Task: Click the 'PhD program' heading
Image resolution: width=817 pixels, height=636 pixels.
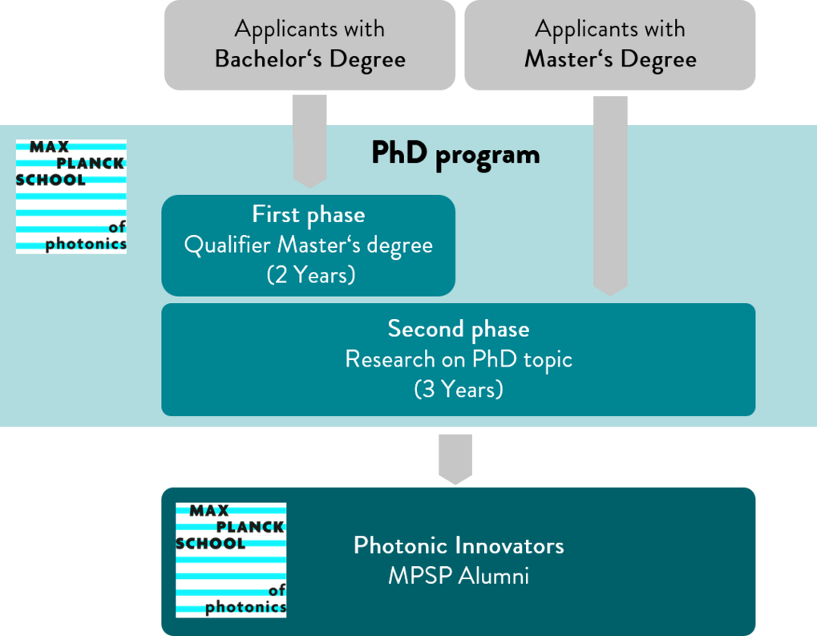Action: tap(455, 154)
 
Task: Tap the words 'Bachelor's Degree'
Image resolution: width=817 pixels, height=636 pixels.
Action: tap(309, 59)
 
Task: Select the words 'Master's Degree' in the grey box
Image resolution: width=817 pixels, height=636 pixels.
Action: tap(610, 59)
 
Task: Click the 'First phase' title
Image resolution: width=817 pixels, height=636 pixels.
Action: tap(309, 215)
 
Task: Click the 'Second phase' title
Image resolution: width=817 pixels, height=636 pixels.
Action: tap(459, 329)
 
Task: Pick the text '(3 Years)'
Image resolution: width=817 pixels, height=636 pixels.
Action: tap(459, 389)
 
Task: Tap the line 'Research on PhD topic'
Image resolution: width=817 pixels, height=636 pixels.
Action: tap(459, 359)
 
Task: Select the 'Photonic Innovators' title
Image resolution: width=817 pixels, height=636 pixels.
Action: tap(459, 545)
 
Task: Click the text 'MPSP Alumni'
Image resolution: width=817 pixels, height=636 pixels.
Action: tap(459, 576)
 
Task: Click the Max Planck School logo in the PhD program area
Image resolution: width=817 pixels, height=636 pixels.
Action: tap(71, 196)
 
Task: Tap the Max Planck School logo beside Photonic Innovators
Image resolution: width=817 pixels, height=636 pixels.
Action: tap(231, 560)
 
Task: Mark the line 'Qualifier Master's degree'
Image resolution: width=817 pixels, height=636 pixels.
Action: tap(309, 245)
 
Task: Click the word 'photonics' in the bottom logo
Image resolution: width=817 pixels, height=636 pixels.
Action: tap(245, 607)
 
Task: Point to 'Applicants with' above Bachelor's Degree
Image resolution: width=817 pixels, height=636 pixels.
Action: tap(309, 30)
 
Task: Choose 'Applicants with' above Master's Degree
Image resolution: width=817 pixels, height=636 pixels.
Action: tap(610, 30)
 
